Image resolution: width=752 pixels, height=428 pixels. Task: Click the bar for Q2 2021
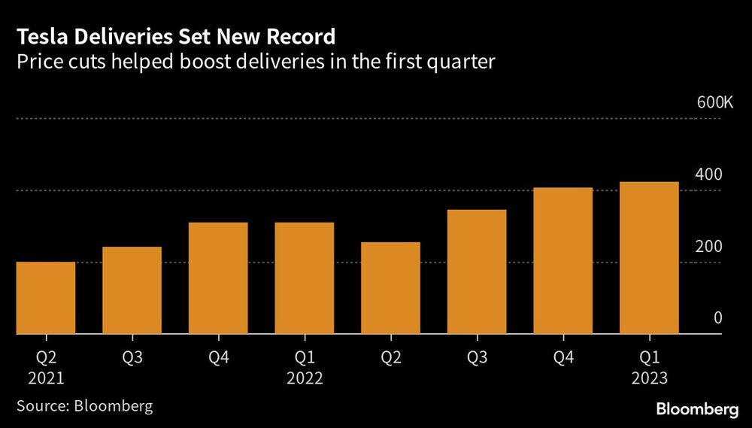pyautogui.click(x=45, y=298)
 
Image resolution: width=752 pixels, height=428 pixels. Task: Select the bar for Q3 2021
pyautogui.click(x=132, y=290)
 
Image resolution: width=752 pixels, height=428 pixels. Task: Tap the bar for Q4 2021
pyautogui.click(x=218, y=278)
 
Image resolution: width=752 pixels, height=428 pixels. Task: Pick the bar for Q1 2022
pyautogui.click(x=304, y=278)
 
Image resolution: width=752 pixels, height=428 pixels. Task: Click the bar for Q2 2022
pyautogui.click(x=390, y=288)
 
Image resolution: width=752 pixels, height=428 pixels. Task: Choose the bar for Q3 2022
pyautogui.click(x=477, y=272)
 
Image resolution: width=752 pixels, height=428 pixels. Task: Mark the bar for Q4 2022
pyautogui.click(x=562, y=260)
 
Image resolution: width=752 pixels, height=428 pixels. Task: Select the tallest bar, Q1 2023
pyautogui.click(x=649, y=258)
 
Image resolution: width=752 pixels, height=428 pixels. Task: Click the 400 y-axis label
pyautogui.click(x=708, y=175)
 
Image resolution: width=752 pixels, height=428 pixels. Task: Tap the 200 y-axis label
pyautogui.click(x=708, y=247)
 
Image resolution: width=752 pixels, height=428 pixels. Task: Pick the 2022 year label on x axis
pyautogui.click(x=304, y=378)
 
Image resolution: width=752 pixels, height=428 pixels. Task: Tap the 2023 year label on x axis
pyautogui.click(x=649, y=378)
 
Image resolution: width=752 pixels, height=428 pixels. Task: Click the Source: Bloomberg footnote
pyautogui.click(x=84, y=407)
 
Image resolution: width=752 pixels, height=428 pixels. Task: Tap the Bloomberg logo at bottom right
pyautogui.click(x=697, y=409)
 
